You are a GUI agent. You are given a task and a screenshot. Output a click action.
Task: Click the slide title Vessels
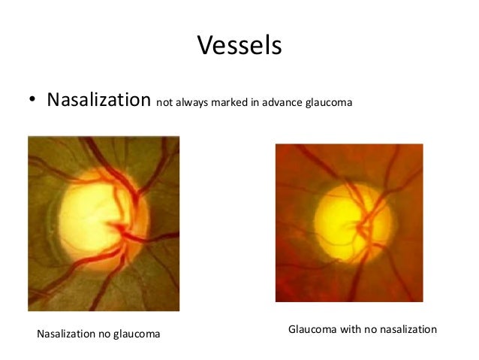tap(239, 46)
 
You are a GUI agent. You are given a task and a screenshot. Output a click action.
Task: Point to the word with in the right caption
tap(346, 329)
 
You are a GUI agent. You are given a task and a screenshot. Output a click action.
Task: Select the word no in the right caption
tap(366, 329)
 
